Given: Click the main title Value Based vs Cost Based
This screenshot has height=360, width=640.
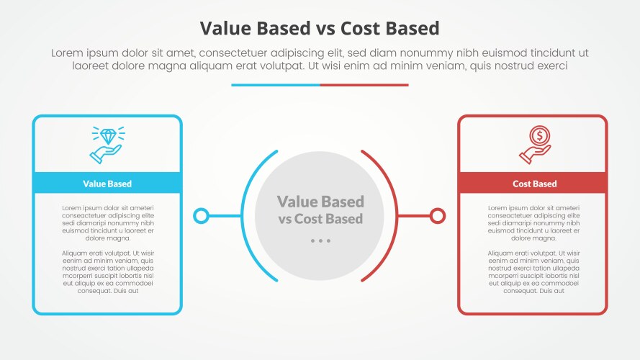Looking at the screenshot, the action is click(320, 28).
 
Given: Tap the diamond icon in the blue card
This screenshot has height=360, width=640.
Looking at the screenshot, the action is click(109, 136).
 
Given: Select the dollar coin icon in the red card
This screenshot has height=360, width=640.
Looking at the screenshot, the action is click(540, 135).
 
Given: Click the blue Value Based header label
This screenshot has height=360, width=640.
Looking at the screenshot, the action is click(107, 184).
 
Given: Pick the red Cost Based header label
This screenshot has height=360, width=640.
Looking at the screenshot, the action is click(535, 184).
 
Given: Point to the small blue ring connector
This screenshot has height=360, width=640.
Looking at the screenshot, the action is click(201, 216).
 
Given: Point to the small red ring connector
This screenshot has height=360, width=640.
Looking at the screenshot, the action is click(438, 216).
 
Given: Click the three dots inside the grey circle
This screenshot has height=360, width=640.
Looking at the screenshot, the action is click(320, 240).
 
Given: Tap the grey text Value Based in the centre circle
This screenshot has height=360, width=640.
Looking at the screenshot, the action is click(320, 202).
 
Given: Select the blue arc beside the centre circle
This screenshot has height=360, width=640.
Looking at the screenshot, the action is click(242, 216).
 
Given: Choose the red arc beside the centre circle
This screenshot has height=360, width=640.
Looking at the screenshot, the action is click(397, 216).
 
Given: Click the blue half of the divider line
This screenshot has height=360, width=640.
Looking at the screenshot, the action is click(276, 85).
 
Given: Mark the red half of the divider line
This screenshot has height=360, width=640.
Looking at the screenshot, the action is click(364, 85).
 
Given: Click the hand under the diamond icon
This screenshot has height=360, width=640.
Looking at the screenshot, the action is click(105, 154).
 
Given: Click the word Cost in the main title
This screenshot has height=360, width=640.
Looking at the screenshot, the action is click(361, 28).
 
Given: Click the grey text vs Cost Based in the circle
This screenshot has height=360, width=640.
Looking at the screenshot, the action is click(320, 219).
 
